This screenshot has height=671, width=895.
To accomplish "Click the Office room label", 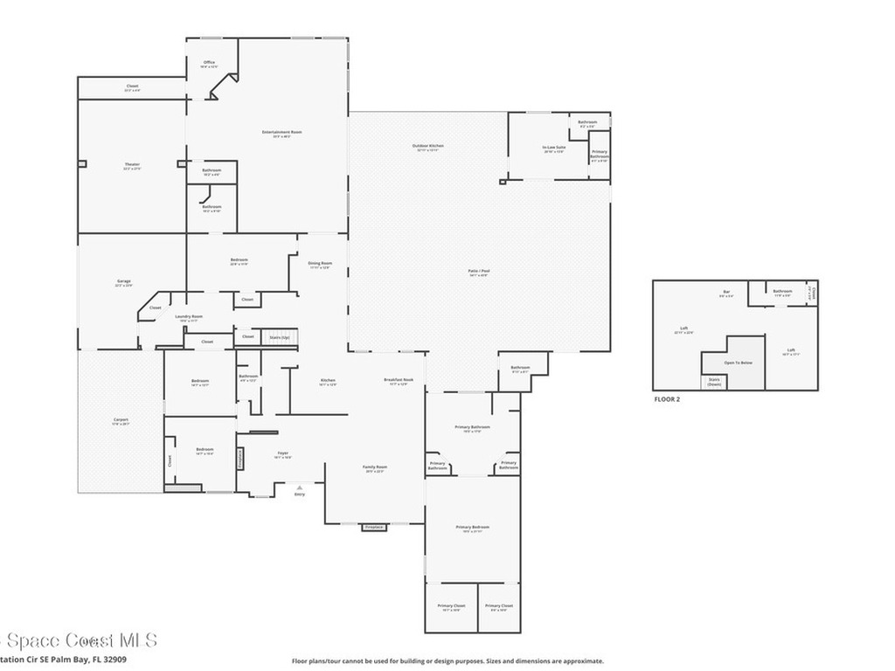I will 209,63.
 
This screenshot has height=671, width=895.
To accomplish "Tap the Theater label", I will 132,164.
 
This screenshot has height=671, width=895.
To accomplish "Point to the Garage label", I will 124,281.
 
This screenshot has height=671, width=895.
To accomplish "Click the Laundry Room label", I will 189,316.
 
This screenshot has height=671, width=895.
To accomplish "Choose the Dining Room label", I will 320,264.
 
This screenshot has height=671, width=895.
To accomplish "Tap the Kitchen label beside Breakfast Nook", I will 328,380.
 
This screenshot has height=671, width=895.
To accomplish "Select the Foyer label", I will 283,453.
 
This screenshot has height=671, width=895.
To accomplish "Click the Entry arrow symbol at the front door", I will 300,487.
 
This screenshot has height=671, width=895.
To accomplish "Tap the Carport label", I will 121,419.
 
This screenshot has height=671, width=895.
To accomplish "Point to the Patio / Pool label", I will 479,272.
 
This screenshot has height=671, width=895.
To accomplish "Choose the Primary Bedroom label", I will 472,527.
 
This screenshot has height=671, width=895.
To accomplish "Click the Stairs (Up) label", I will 279,336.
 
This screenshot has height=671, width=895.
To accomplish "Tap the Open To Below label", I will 739,362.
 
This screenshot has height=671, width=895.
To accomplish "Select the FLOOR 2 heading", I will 667,399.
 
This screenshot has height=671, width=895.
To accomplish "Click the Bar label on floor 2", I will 725,291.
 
